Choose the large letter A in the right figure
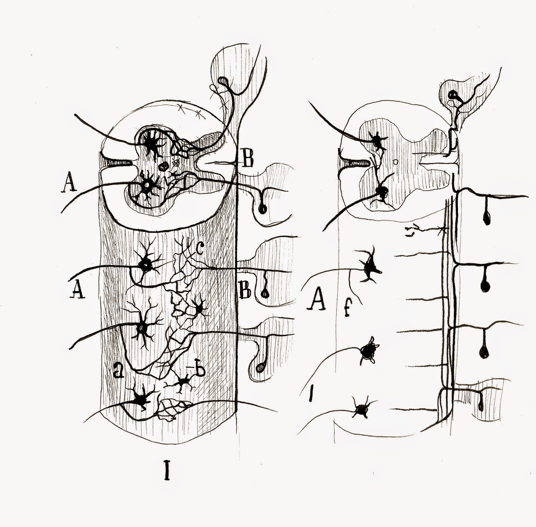click(x=317, y=300)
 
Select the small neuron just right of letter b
click(x=184, y=381)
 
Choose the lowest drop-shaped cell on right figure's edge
click(x=481, y=406)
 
